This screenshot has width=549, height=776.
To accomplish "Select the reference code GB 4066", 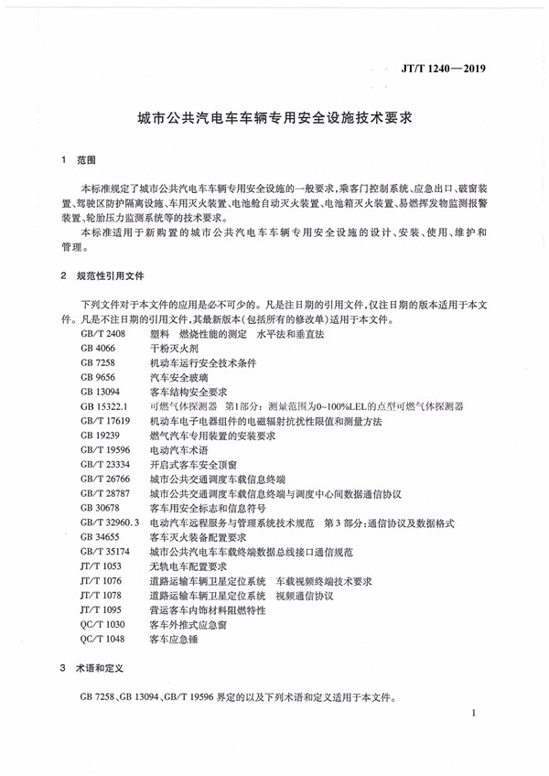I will click(96, 350).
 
